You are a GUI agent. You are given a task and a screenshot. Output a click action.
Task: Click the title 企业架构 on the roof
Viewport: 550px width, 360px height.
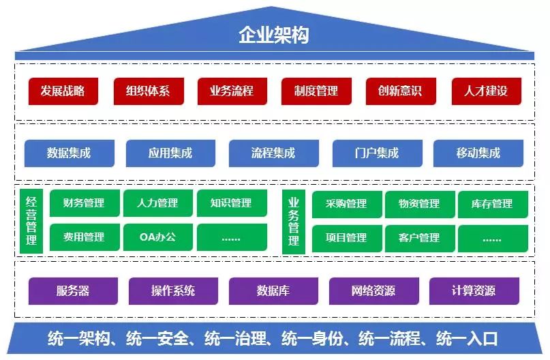coord(273,35)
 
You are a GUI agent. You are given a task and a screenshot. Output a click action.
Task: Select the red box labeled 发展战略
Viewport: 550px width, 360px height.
coord(63,91)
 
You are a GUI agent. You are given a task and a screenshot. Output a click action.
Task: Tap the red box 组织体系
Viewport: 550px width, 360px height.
coord(148,91)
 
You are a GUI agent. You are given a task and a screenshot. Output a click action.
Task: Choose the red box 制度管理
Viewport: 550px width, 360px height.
coord(316,91)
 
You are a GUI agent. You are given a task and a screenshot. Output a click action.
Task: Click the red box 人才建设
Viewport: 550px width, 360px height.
coord(486,91)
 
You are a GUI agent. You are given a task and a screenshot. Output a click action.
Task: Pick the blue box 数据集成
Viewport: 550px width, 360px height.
coord(69,153)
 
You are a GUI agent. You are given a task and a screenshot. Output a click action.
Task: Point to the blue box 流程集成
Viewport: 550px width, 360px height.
coord(273,153)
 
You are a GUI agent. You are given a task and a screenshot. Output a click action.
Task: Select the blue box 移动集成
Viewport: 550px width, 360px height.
coord(478,153)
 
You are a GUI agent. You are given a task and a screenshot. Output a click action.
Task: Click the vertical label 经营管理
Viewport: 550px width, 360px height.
coord(31,221)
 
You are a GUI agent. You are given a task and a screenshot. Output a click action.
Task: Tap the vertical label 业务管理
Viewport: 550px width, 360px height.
coord(294,221)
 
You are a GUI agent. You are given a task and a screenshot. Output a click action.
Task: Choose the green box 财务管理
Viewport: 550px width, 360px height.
coord(84,203)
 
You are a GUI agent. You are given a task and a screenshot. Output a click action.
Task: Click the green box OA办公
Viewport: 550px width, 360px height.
coord(157,237)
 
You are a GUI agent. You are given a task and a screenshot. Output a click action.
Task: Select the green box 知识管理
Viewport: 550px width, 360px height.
coord(231,203)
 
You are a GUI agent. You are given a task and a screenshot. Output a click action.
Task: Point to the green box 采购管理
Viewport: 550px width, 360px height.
coord(346,204)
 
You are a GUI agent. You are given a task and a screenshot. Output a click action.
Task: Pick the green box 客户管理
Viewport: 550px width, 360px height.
coord(419,238)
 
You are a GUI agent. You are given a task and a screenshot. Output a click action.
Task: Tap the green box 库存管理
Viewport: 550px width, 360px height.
coord(492,204)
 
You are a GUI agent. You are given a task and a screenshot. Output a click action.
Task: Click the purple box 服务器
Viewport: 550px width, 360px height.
coord(73,290)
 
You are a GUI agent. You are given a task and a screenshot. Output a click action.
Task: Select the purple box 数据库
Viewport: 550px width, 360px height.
coord(273,290)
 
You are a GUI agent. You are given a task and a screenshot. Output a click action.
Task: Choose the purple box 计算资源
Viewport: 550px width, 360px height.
coord(474,290)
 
